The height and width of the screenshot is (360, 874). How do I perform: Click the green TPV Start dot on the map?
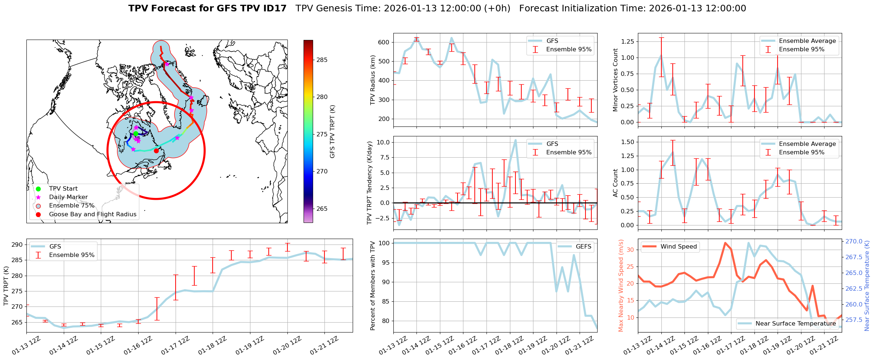[136, 133]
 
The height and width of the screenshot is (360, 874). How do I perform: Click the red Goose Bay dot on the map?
[156, 151]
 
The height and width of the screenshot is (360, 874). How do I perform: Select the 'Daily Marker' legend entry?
[68, 197]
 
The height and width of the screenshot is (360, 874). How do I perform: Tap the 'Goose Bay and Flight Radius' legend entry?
[92, 214]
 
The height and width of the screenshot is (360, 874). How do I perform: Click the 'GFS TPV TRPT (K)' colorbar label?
[333, 132]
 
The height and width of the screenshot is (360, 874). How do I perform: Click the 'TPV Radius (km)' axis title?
[373, 80]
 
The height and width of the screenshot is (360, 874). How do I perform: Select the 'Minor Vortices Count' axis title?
[616, 80]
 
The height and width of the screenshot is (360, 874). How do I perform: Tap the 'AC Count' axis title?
[616, 183]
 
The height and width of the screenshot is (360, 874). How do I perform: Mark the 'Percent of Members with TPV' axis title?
[373, 286]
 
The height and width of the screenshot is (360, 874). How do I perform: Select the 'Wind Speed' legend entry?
[678, 247]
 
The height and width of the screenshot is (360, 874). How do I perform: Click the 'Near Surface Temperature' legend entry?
[796, 324]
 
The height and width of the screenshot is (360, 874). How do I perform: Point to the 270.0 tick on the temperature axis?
[854, 242]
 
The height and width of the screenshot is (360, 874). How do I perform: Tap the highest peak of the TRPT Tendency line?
[515, 140]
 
